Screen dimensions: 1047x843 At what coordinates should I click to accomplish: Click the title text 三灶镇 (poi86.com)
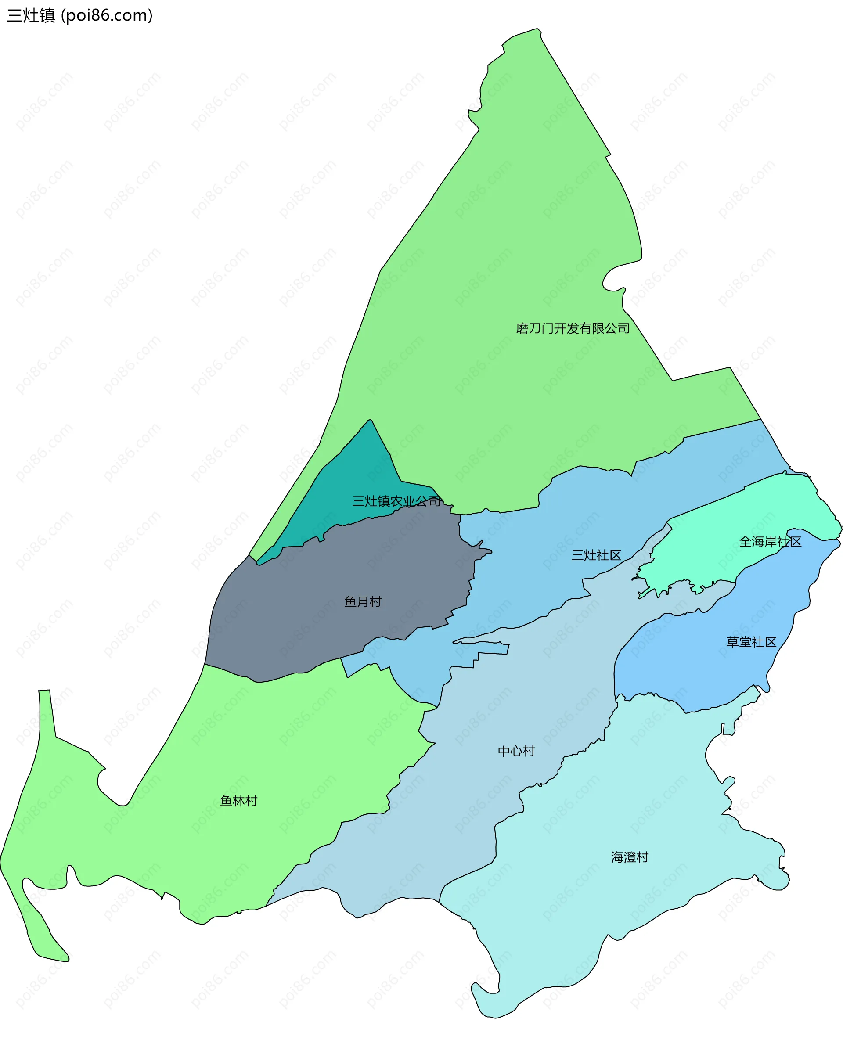click(x=79, y=15)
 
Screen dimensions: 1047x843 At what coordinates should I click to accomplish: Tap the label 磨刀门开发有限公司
click(x=573, y=329)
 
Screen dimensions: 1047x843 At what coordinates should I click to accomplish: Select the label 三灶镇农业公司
click(x=396, y=501)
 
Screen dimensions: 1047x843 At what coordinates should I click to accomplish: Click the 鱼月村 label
click(x=363, y=602)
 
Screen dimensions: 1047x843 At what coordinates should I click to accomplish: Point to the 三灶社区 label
click(x=596, y=555)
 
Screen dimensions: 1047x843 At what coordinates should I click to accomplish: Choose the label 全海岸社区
click(x=770, y=541)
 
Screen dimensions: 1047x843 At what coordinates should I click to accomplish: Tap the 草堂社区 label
click(x=751, y=642)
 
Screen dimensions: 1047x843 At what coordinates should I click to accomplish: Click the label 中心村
click(x=516, y=751)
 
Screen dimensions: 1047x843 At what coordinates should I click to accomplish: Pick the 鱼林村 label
click(x=238, y=801)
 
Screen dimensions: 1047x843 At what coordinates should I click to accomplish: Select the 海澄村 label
click(x=629, y=857)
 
